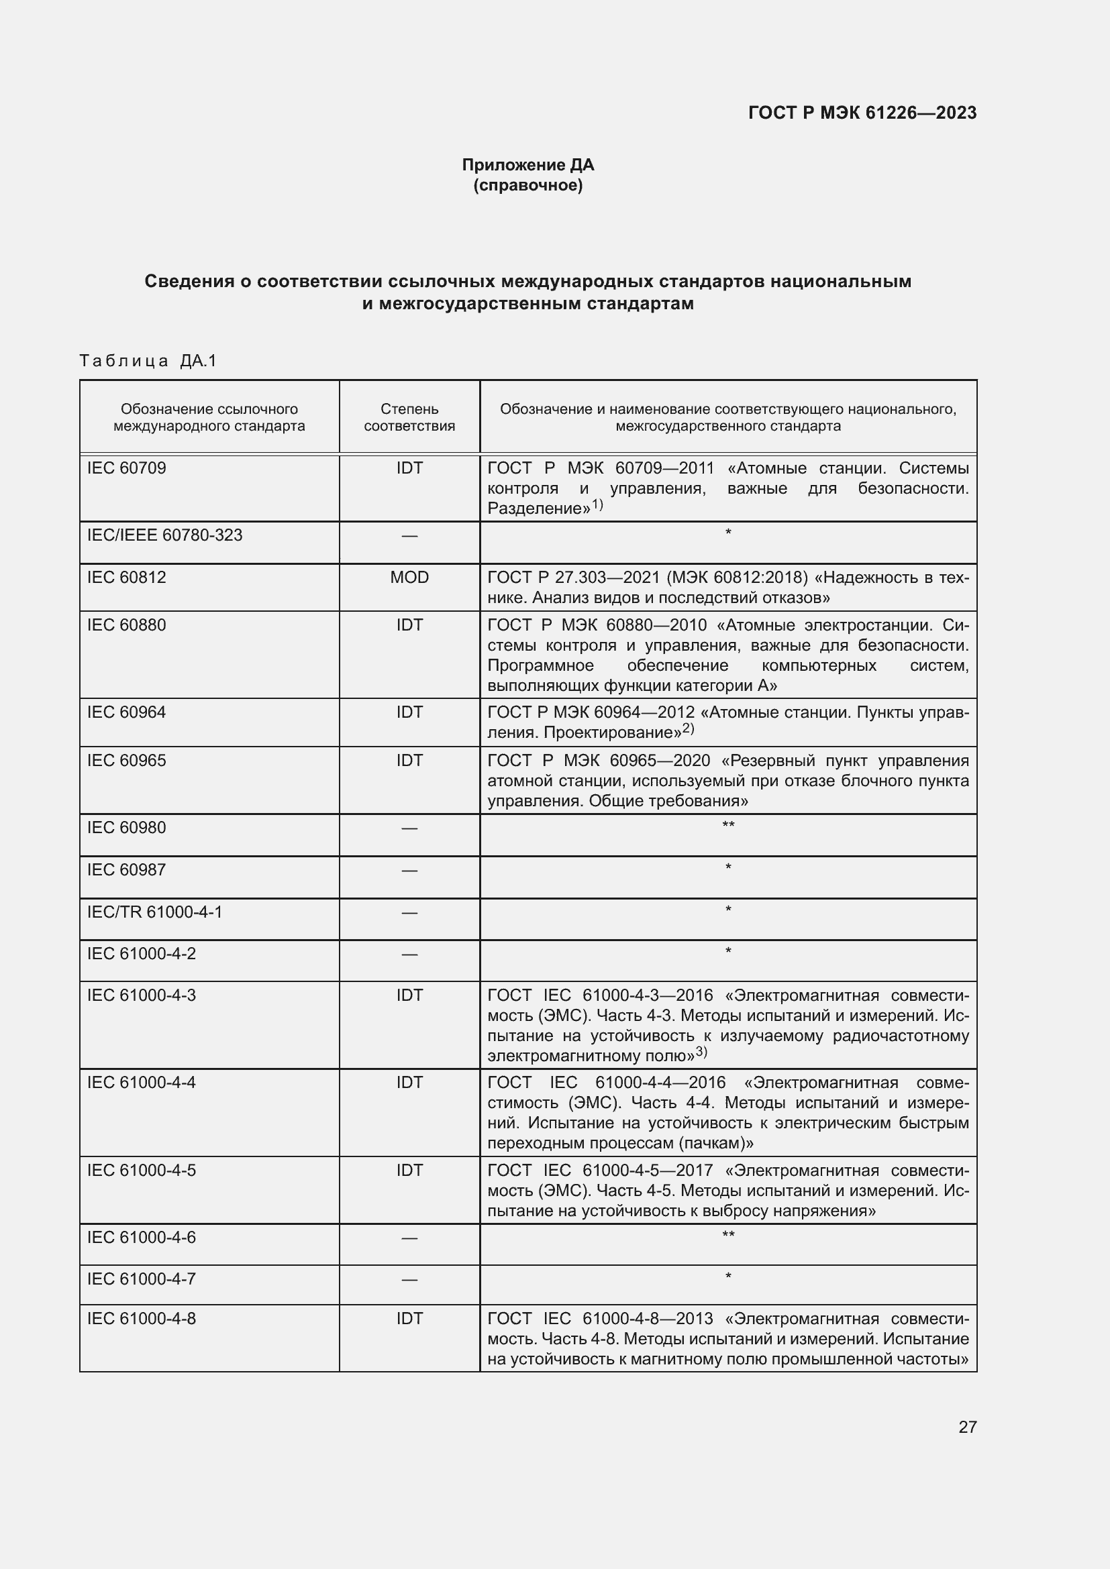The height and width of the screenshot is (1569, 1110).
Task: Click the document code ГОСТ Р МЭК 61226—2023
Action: pos(862,113)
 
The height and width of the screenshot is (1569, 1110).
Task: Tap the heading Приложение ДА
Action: pos(527,165)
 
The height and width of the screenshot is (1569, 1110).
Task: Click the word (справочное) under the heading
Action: pos(527,185)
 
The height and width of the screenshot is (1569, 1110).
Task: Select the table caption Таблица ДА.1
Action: pos(148,361)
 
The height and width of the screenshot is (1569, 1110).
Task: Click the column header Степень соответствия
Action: pos(409,417)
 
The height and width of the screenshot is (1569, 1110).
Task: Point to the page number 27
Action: pos(967,1427)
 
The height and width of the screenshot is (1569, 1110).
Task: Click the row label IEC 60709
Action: pos(126,468)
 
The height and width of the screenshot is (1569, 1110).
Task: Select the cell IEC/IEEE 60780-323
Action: pos(164,535)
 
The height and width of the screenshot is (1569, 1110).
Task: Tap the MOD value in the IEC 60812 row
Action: pos(409,578)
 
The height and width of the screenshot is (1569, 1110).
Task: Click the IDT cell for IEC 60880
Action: pos(409,625)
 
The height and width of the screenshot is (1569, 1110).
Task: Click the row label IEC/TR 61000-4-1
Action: pos(154,912)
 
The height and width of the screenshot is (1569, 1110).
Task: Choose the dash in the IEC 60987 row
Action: pos(409,871)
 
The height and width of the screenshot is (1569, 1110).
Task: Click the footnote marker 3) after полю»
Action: pos(701,1052)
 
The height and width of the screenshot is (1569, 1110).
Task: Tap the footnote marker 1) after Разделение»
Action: pos(597,505)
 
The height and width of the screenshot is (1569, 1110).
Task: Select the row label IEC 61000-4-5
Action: pos(142,1171)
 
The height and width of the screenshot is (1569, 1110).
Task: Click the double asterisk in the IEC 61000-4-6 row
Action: pos(728,1236)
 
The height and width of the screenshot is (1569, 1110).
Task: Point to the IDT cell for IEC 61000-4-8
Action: pos(409,1319)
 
